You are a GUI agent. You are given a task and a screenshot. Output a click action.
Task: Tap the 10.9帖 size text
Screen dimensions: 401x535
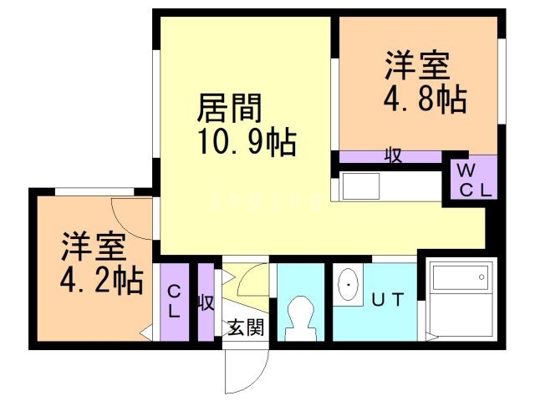click(x=247, y=143)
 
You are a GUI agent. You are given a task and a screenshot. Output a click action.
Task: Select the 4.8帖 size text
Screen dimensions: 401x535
click(x=425, y=100)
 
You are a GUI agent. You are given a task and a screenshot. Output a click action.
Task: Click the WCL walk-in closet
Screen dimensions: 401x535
click(x=471, y=179)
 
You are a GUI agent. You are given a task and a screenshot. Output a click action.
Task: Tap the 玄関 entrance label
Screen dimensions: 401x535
click(x=245, y=327)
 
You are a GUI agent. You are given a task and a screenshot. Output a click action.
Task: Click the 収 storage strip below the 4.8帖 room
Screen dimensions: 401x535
click(x=391, y=156)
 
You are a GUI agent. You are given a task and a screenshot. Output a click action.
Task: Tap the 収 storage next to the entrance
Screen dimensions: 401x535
click(x=206, y=302)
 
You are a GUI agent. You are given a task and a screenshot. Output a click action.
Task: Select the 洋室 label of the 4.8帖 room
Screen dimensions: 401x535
click(x=418, y=66)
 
